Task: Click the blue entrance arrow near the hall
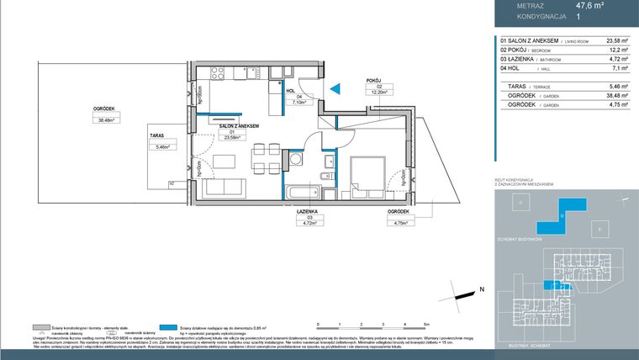[334, 87]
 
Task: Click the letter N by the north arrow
[482, 289]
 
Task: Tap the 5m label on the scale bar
[426, 323]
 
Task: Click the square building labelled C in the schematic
[520, 204]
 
